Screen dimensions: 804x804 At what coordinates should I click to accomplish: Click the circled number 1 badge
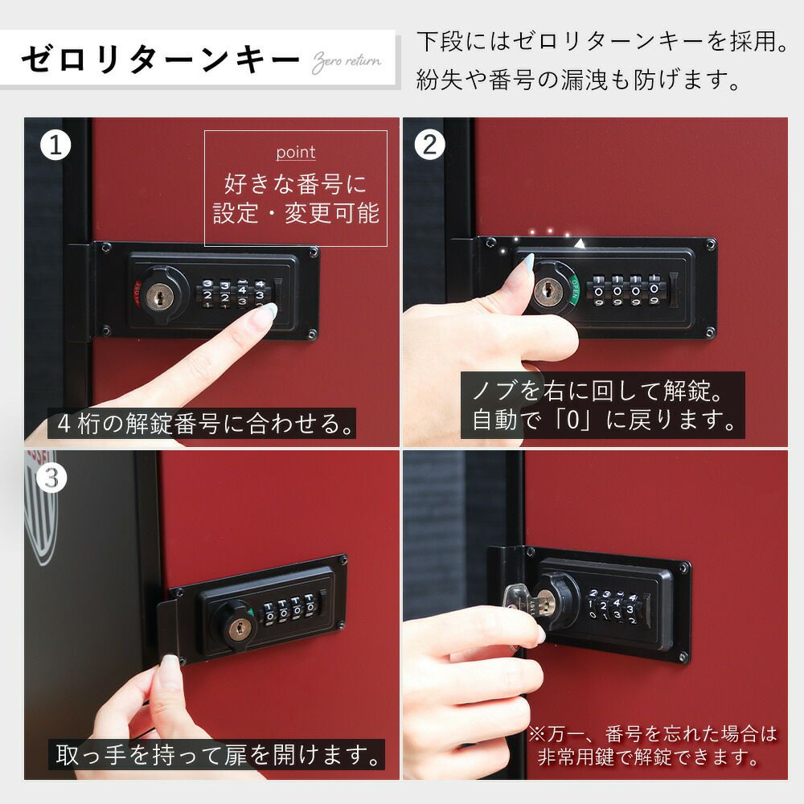click(x=55, y=145)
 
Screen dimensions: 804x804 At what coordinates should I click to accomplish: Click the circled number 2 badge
click(x=429, y=145)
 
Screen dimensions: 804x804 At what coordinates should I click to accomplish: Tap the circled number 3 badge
click(x=51, y=478)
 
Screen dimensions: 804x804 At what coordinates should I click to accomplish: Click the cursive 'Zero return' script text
click(x=347, y=63)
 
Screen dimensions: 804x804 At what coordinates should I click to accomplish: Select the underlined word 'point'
click(x=296, y=152)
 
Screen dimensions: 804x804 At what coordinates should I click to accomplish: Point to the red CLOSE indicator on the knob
click(x=137, y=293)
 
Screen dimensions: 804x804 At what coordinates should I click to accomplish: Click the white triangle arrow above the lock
click(x=579, y=244)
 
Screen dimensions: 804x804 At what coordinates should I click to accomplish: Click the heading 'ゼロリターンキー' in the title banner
click(x=160, y=60)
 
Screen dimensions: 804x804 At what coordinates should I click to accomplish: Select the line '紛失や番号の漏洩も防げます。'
click(x=579, y=80)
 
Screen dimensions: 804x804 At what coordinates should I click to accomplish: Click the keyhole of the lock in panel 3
click(x=237, y=630)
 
